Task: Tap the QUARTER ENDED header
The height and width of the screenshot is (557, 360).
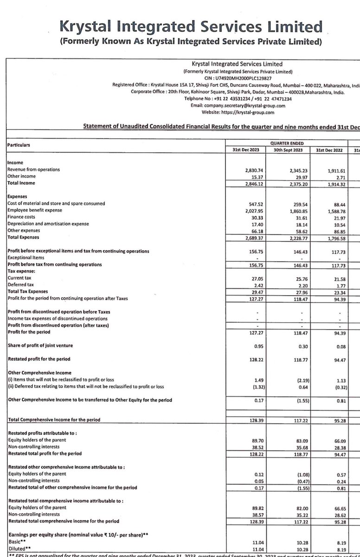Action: [x=290, y=144]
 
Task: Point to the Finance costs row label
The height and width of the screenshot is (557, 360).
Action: [x=21, y=217]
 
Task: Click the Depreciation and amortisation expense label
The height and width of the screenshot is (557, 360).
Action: [x=48, y=224]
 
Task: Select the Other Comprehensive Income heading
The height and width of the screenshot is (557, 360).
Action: [x=39, y=373]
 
